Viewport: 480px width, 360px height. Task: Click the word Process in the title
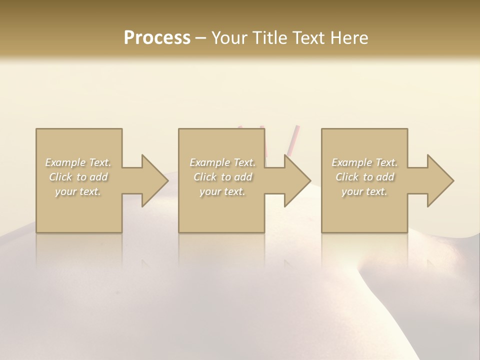(157, 38)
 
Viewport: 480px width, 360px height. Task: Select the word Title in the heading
(268, 38)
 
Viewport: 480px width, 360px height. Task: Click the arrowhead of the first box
(152, 180)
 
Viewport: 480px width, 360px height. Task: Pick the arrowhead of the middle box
(294, 180)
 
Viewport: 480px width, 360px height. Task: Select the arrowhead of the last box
(437, 180)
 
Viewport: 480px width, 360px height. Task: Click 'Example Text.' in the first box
(78, 162)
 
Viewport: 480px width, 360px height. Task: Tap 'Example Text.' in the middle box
(222, 162)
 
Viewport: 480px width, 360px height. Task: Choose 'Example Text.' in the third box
(364, 162)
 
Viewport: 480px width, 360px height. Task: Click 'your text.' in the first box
(78, 191)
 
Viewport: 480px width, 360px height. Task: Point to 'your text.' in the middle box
(222, 191)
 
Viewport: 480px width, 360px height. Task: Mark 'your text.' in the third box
(364, 191)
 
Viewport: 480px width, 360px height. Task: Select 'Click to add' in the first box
(78, 177)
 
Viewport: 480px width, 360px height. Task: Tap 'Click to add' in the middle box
(222, 177)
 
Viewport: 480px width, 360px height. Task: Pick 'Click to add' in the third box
(364, 177)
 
